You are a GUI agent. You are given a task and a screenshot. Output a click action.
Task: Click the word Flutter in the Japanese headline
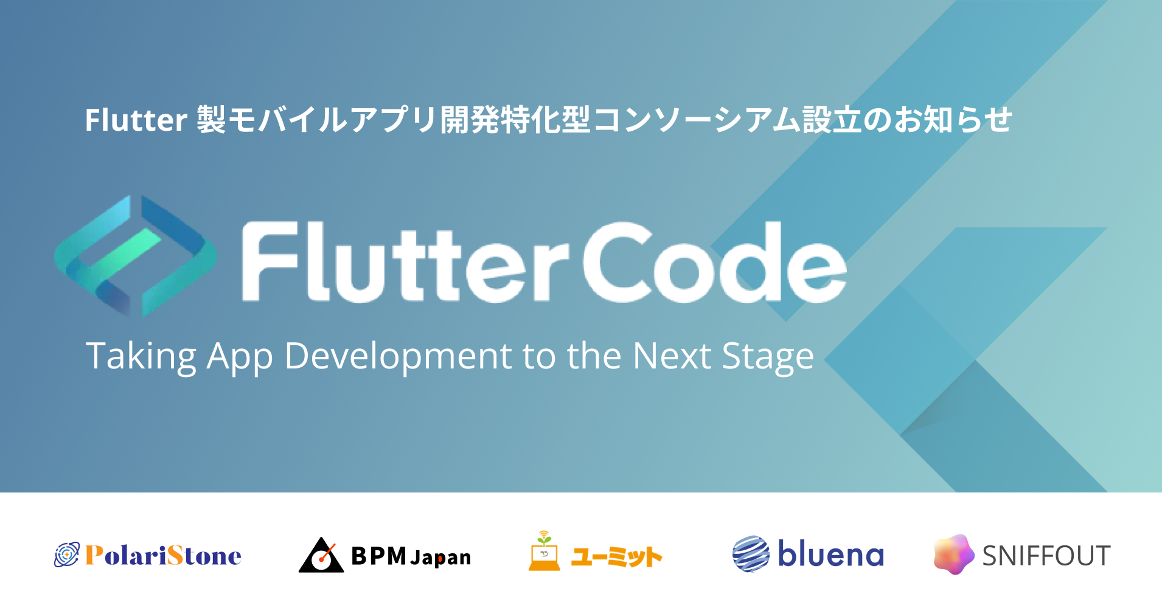coord(136,120)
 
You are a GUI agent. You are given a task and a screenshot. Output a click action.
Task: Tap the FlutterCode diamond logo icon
coord(135,256)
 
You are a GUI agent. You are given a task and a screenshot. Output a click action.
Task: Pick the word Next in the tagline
coord(672,356)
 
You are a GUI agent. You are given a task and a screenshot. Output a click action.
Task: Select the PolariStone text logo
coord(163,555)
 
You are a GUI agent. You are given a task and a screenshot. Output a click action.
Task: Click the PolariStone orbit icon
coord(67,554)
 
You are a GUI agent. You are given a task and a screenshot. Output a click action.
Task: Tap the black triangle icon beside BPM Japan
coord(321,555)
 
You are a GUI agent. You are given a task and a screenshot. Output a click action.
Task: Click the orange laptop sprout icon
coord(544,551)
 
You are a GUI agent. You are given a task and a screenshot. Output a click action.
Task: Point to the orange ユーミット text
coord(616,556)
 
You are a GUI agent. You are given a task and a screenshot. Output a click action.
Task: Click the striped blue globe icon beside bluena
coord(751,554)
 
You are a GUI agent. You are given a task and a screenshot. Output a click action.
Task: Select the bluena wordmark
coord(830,554)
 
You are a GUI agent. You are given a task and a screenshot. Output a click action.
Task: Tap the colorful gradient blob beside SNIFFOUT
coord(954,554)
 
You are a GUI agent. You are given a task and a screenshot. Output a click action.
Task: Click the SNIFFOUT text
coord(1046,556)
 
